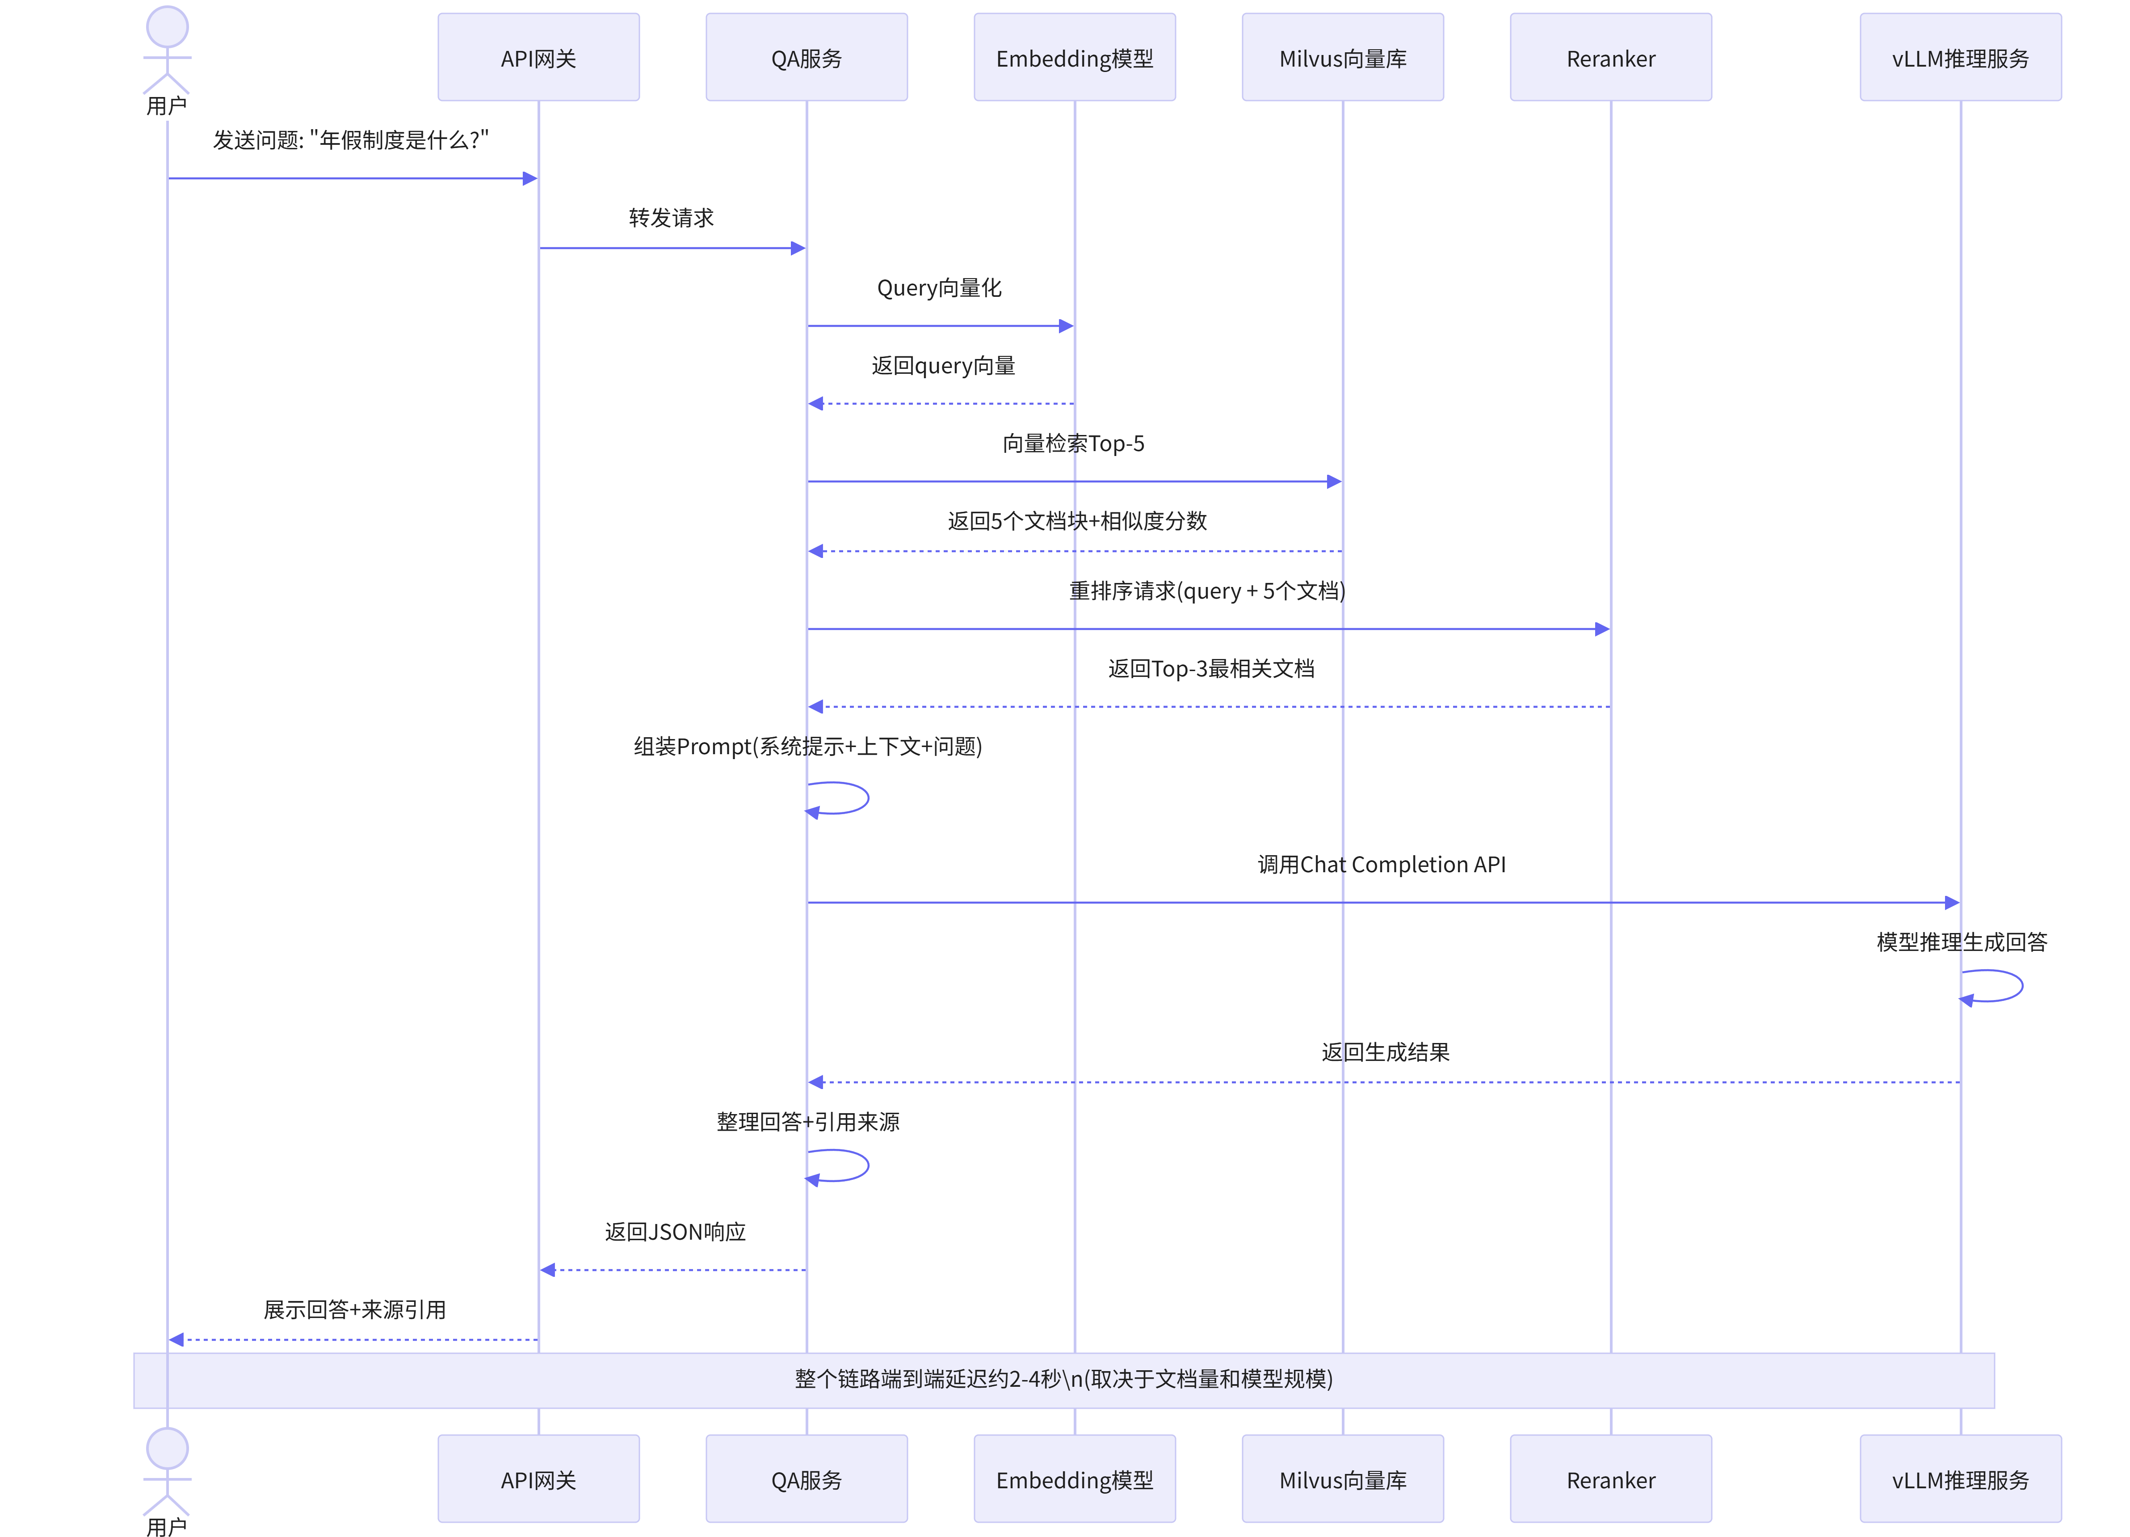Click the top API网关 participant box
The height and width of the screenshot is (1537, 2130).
tap(538, 57)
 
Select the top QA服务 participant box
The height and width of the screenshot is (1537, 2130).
tap(807, 57)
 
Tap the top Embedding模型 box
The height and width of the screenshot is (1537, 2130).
tap(1075, 57)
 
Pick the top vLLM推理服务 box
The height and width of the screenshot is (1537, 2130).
tap(1961, 57)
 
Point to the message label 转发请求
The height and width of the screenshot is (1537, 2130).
tap(672, 218)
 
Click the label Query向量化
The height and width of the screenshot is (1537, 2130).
tap(939, 288)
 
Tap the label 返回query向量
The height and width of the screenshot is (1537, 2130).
tap(943, 367)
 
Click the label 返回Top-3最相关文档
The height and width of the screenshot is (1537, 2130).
tap(1210, 669)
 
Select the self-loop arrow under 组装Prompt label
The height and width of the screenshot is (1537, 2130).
tap(868, 798)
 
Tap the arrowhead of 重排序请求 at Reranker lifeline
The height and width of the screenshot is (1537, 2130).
tap(1603, 629)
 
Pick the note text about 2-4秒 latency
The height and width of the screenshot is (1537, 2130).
tap(1064, 1379)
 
